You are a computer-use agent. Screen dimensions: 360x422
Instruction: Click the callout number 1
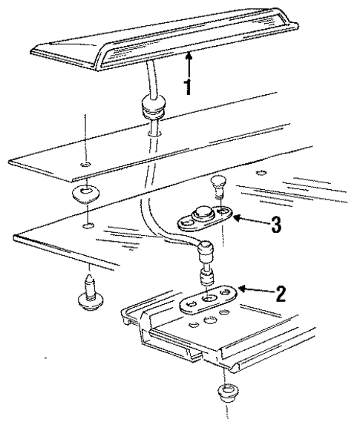(x=189, y=86)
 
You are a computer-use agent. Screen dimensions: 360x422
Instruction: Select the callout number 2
(x=281, y=294)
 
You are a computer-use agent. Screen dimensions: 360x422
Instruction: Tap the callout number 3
(x=276, y=224)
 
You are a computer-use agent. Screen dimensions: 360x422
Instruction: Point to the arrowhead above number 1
(x=189, y=56)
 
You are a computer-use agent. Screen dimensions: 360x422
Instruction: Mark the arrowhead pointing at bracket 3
(x=236, y=217)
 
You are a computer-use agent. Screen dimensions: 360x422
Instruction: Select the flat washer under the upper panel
(x=85, y=194)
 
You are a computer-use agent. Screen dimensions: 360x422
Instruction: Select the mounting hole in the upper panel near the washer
(x=86, y=164)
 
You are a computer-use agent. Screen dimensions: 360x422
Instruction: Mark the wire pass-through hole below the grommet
(x=154, y=133)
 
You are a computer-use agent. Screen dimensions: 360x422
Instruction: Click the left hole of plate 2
(x=191, y=304)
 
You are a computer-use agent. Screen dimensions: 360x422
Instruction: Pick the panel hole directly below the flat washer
(x=88, y=225)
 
